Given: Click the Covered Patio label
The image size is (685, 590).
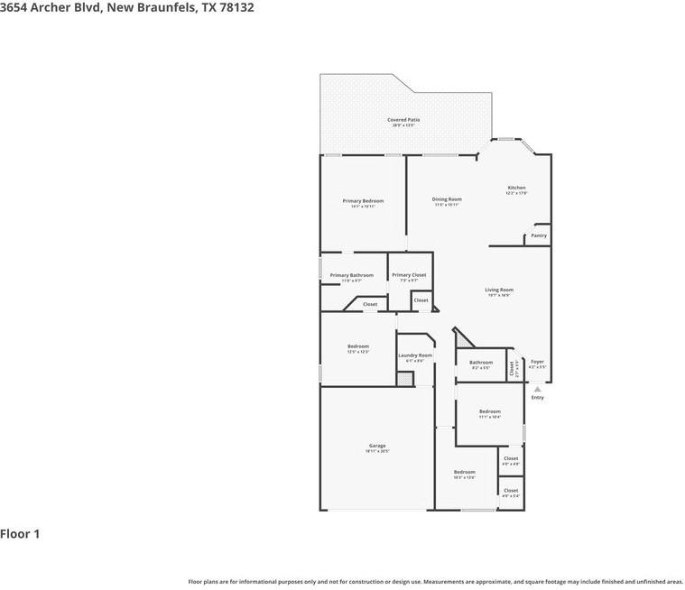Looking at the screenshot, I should (403, 119).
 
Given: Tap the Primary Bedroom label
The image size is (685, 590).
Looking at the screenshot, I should (363, 200).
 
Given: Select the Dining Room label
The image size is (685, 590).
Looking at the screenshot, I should (447, 198).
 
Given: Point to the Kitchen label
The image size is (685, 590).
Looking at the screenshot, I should (516, 188).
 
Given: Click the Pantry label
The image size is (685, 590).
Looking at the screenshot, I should (539, 235).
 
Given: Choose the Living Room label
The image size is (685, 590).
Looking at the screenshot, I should (499, 290).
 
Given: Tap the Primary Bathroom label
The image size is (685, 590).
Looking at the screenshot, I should (351, 275).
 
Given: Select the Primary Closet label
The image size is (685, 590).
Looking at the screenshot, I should (409, 275).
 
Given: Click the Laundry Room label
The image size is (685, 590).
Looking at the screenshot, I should (415, 355).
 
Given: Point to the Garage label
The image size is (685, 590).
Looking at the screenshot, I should (377, 446).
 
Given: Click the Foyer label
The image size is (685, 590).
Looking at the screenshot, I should (537, 362).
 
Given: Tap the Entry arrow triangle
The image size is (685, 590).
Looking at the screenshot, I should (538, 389).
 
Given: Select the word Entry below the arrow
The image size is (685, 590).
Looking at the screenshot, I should (538, 398).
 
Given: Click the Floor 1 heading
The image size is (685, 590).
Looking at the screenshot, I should (20, 534).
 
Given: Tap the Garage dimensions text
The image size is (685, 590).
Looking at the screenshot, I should (377, 451).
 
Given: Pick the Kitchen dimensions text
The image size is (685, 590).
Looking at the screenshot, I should (516, 193).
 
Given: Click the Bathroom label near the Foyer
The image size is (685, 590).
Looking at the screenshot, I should (481, 362).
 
